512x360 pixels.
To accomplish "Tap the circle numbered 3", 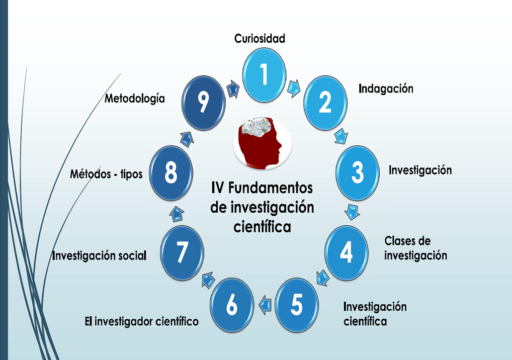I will pos(357,172).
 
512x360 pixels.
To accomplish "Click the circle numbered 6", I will pos(232,305).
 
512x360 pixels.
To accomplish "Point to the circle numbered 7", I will pos(182,252).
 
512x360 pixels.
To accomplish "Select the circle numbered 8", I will pos(171,173).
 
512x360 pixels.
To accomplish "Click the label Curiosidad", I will pos(260,38).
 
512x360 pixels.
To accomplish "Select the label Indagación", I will pos(386,89).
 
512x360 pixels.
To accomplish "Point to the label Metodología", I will pos(134,98).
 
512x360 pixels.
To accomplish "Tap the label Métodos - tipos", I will pos(106,175).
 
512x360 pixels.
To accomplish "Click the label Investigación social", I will pos(99,256).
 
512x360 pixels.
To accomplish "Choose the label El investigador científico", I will pos(142,321).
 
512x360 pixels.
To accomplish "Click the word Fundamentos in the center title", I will pos(272,188).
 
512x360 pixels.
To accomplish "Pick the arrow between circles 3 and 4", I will pos(352,211).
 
